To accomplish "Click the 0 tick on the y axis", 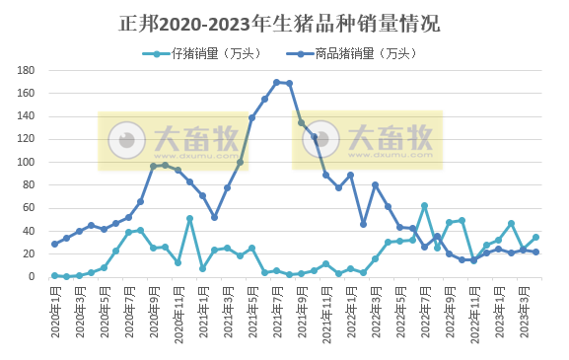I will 34,277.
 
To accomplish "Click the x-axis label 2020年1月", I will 55,306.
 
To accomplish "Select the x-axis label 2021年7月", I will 277,306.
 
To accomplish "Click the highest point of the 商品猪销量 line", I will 277,82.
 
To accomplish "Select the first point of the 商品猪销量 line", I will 55,244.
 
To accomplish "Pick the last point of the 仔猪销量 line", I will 536,237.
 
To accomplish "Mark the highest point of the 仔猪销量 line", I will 425,206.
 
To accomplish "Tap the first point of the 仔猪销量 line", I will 55,276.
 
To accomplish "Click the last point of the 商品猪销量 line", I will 536,252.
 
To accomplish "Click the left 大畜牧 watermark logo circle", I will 125,139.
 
